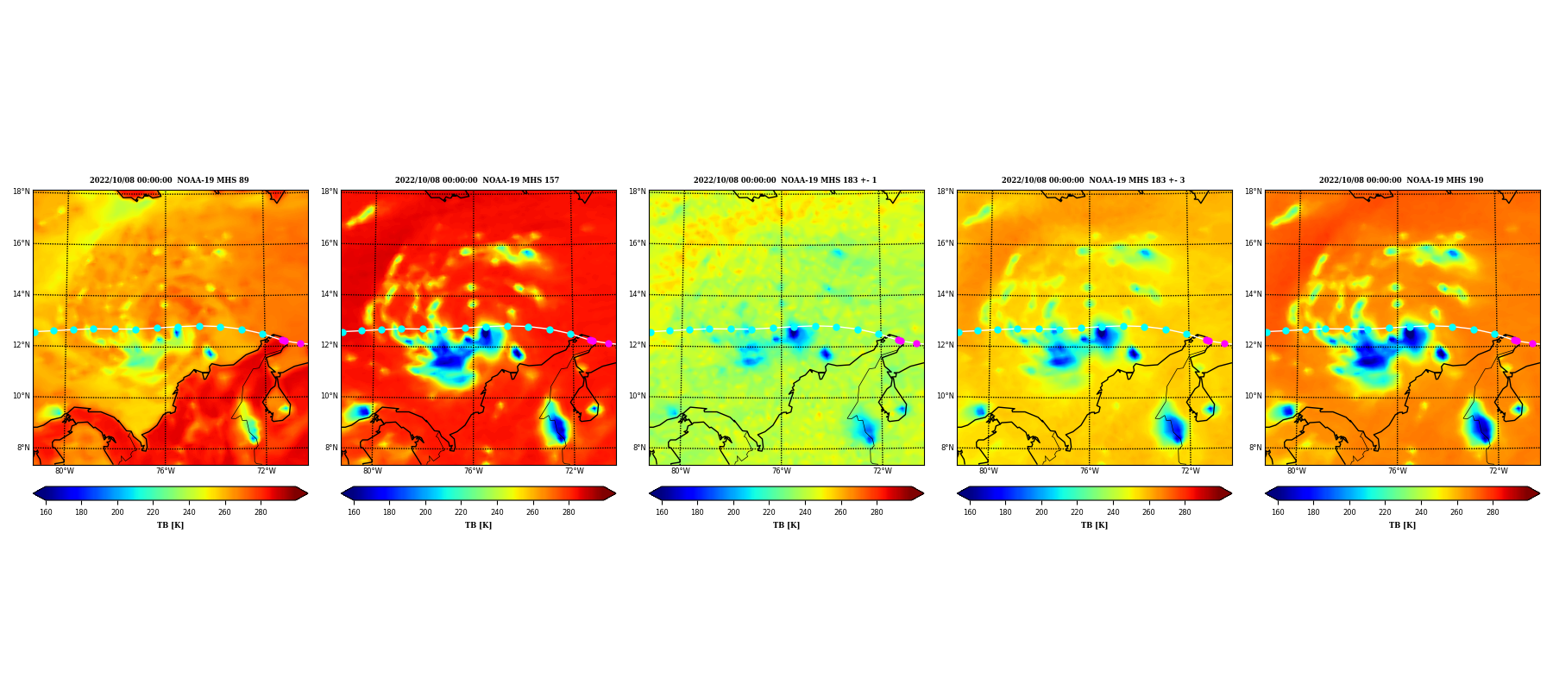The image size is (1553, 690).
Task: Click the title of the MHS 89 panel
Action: (169, 180)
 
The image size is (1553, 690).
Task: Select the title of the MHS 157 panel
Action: (477, 180)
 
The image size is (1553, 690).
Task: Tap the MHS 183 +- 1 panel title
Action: (785, 180)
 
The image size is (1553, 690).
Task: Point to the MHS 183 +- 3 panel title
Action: (1093, 180)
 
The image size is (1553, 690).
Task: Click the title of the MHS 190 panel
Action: (1401, 180)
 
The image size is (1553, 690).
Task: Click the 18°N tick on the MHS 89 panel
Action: (22, 191)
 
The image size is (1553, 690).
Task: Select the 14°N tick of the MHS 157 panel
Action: (330, 294)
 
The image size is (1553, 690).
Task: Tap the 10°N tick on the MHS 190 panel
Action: (1254, 397)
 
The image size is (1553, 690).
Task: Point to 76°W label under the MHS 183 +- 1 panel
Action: (782, 471)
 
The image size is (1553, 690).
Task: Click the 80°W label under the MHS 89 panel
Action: (65, 471)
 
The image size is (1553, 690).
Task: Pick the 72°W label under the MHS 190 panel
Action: (1499, 471)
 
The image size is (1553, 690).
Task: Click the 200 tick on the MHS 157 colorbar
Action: (425, 512)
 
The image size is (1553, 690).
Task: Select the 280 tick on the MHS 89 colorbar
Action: (261, 512)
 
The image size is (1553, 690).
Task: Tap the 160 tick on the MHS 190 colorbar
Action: (1278, 512)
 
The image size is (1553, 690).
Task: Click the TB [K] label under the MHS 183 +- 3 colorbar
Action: (1094, 525)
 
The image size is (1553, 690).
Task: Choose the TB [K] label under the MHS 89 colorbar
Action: (170, 525)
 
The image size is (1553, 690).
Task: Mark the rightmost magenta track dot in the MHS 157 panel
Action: (608, 343)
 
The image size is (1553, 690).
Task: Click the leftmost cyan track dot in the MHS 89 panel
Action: (35, 332)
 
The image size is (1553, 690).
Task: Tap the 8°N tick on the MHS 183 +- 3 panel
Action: (947, 448)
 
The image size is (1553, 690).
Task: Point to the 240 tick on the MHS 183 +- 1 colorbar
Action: (805, 512)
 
